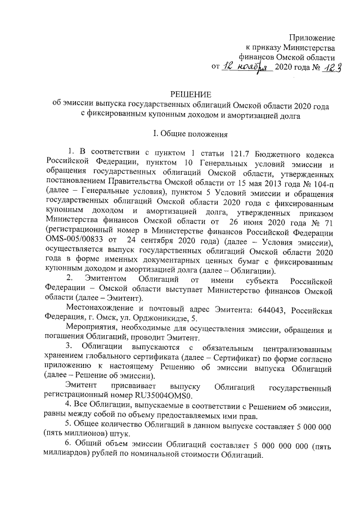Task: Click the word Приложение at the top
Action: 312,38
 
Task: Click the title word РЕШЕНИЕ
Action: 191,95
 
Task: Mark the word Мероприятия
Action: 91,328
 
